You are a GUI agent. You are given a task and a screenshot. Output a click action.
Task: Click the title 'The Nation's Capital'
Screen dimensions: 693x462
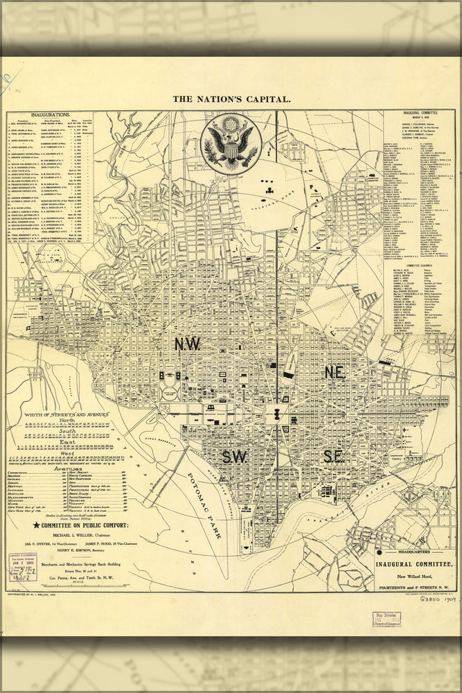coord(231,99)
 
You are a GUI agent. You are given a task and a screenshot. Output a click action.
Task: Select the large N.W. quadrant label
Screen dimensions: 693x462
coord(187,344)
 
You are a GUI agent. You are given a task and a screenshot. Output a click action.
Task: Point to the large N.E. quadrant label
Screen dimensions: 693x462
coord(334,372)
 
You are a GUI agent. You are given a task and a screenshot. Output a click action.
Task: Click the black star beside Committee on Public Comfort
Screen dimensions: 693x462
coord(36,525)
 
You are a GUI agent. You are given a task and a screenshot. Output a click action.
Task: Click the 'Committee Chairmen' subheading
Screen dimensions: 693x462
coord(420,265)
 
